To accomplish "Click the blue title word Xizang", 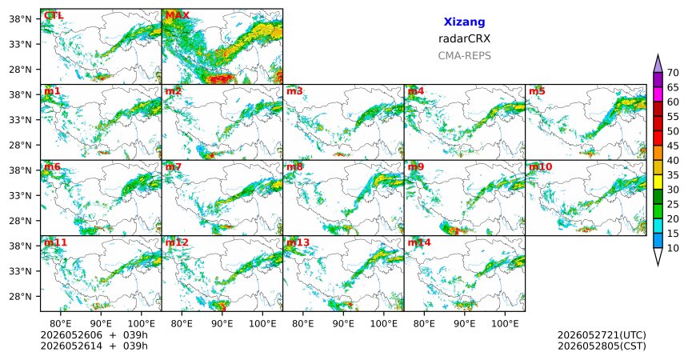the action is pos(464,22).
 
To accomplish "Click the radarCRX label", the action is pos(464,38).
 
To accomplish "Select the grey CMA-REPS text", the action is pos(464,56).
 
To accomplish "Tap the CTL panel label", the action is pos(54,15).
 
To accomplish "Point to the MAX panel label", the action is pos(178,15).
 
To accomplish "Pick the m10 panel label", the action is pos(540,167).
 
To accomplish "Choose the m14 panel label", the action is pos(419,242).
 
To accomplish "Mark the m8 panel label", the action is pos(294,167).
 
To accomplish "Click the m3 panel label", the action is pos(294,91).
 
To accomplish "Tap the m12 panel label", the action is pos(177,242).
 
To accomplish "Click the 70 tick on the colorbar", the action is pos(673,73).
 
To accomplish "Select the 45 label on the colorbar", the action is pos(673,146).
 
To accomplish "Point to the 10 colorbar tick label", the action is pos(673,248).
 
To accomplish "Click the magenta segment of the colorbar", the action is pos(658,94).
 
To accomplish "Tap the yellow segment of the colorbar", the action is pos(658,182).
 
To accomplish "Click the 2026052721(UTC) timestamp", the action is pos(602,335).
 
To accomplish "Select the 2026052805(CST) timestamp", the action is pos(602,346).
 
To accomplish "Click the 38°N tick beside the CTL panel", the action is pos(20,19).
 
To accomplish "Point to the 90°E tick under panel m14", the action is pos(464,324).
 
